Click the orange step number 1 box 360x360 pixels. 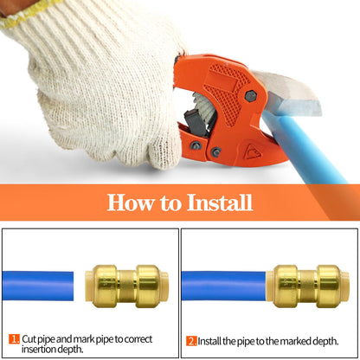click(14, 338)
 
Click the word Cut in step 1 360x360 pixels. click(29, 338)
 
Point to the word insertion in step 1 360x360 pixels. click(38, 350)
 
